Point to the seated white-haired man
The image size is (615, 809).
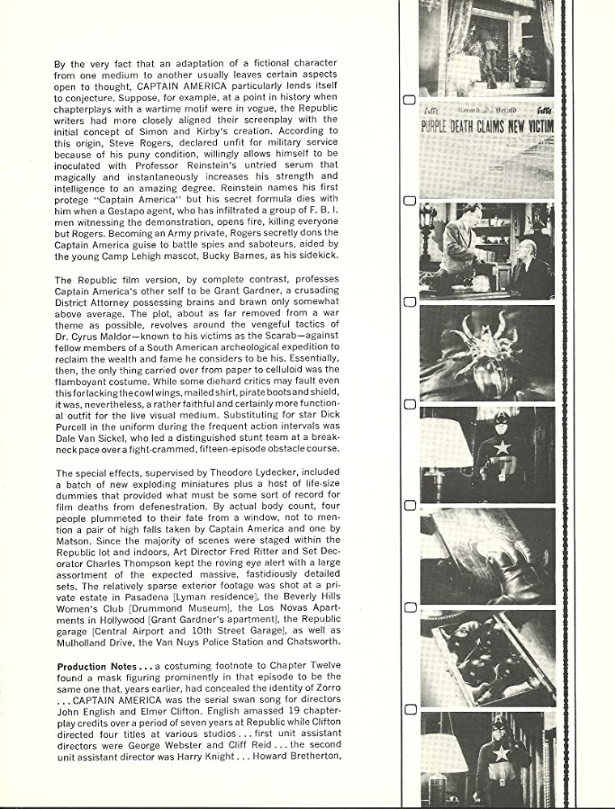point(525,273)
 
